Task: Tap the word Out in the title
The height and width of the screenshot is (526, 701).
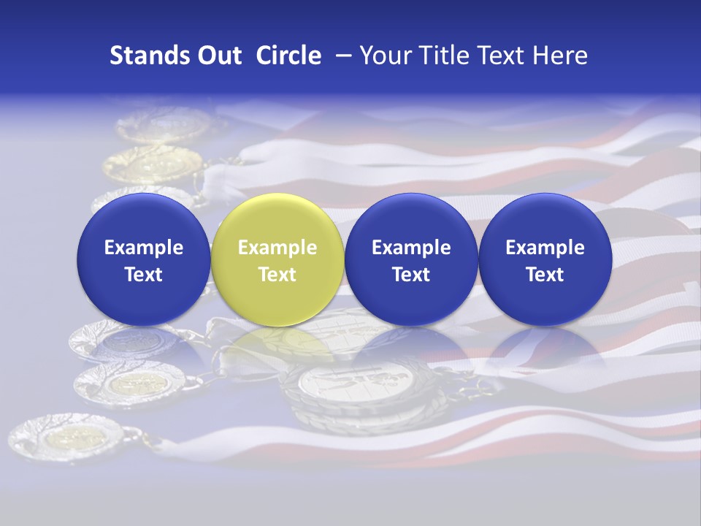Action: tap(218, 56)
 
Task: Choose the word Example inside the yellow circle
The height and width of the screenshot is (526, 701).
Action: tap(277, 248)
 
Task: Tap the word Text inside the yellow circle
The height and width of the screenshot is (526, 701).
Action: tap(277, 275)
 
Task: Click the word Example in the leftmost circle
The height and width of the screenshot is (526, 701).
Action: tap(144, 248)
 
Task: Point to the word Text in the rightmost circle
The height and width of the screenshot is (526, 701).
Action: tap(545, 275)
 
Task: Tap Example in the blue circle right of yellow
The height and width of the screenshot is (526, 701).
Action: tap(411, 248)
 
